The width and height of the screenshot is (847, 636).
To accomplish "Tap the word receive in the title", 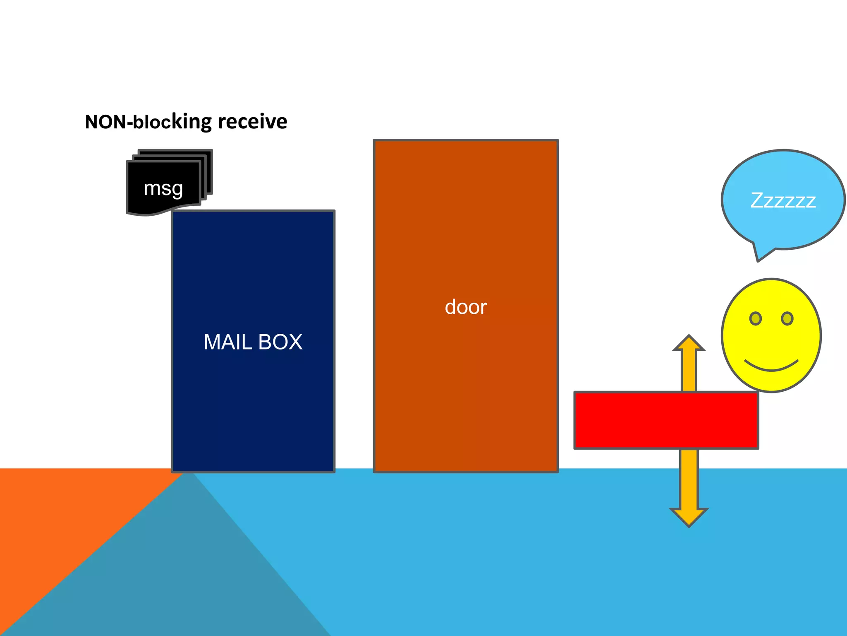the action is [x=252, y=121].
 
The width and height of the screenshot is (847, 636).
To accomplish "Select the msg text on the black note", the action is [x=163, y=189].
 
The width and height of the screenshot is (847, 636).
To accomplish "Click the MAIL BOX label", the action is [x=253, y=342].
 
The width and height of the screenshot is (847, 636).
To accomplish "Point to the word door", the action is [x=466, y=307].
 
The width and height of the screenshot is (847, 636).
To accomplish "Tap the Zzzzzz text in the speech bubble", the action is [x=783, y=201].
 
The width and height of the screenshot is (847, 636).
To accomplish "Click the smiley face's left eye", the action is [x=755, y=318].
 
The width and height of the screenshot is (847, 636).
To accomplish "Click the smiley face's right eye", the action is [x=787, y=318].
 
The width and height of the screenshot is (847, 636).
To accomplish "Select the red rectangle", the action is [x=666, y=420].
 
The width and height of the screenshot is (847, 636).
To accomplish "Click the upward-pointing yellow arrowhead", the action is [x=689, y=343].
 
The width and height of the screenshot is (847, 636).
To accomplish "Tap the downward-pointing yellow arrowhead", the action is [x=689, y=517].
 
